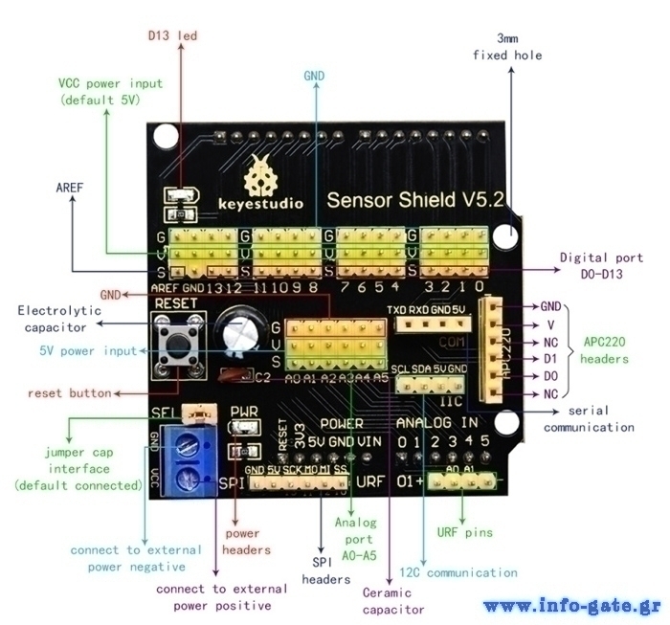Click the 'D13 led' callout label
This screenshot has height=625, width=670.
pos(172,35)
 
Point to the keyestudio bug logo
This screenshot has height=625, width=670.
pos(260,174)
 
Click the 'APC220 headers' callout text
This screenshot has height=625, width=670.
pos(605,350)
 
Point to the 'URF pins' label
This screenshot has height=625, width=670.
pos(465,533)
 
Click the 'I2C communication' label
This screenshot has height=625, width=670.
pos(458,572)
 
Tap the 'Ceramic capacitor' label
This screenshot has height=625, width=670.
pos(387,599)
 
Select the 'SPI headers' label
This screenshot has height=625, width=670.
pos(320,570)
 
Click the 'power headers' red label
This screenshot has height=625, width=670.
pos(241,541)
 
